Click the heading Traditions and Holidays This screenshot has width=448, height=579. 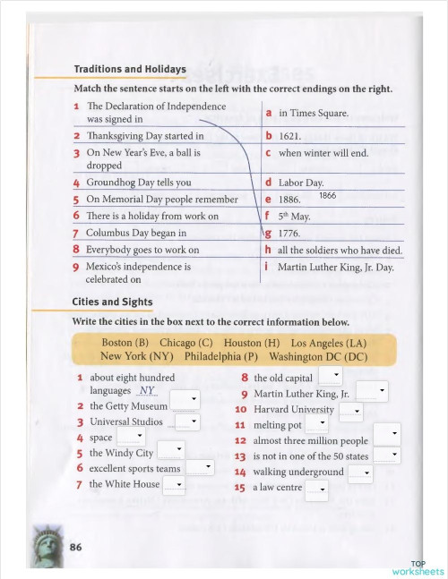[x=130, y=69]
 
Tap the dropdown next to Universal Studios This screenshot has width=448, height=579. [x=187, y=422]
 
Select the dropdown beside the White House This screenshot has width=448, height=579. [x=174, y=485]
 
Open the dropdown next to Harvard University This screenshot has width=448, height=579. [x=350, y=411]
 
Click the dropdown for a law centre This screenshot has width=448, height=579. [x=316, y=489]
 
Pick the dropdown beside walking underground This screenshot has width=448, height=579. [x=360, y=473]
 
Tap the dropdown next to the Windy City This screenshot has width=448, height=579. [x=170, y=453]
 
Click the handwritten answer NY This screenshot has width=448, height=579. [x=148, y=391]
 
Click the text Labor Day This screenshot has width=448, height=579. [x=301, y=183]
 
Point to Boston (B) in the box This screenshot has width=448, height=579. [x=125, y=343]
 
